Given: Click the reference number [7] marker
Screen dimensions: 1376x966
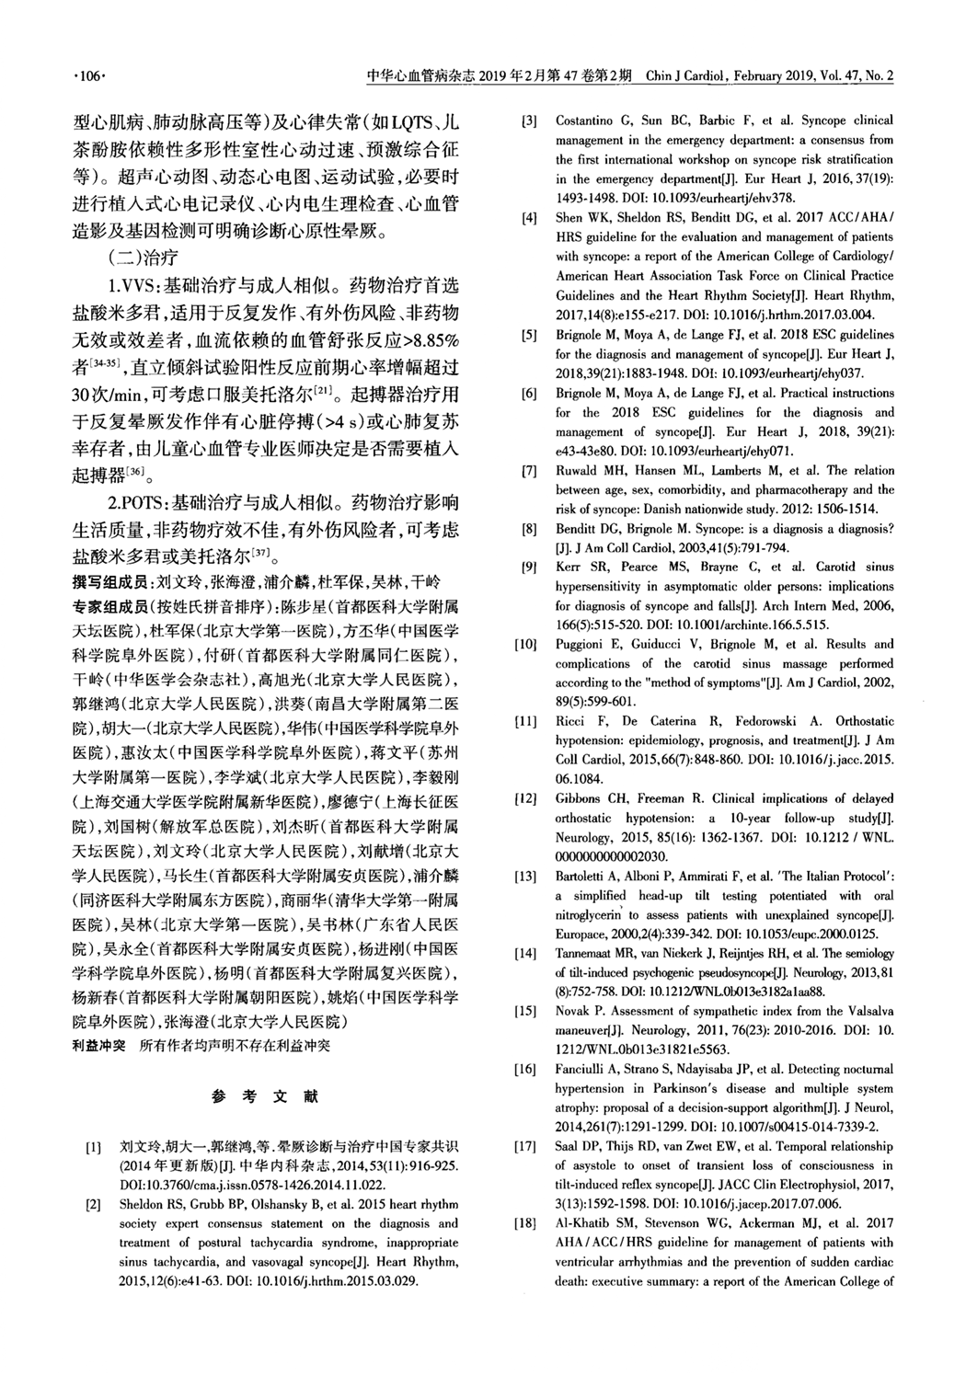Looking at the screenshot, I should click(x=528, y=472).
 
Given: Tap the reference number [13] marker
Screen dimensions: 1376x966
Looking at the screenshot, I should click(x=526, y=877).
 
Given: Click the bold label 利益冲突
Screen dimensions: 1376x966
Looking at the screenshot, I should click(x=98, y=1046).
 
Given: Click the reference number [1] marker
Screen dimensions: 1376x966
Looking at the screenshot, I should click(x=93, y=1149).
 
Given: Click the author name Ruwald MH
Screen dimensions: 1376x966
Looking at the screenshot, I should click(x=590, y=472).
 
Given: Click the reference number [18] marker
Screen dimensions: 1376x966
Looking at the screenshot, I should click(x=526, y=1244).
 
